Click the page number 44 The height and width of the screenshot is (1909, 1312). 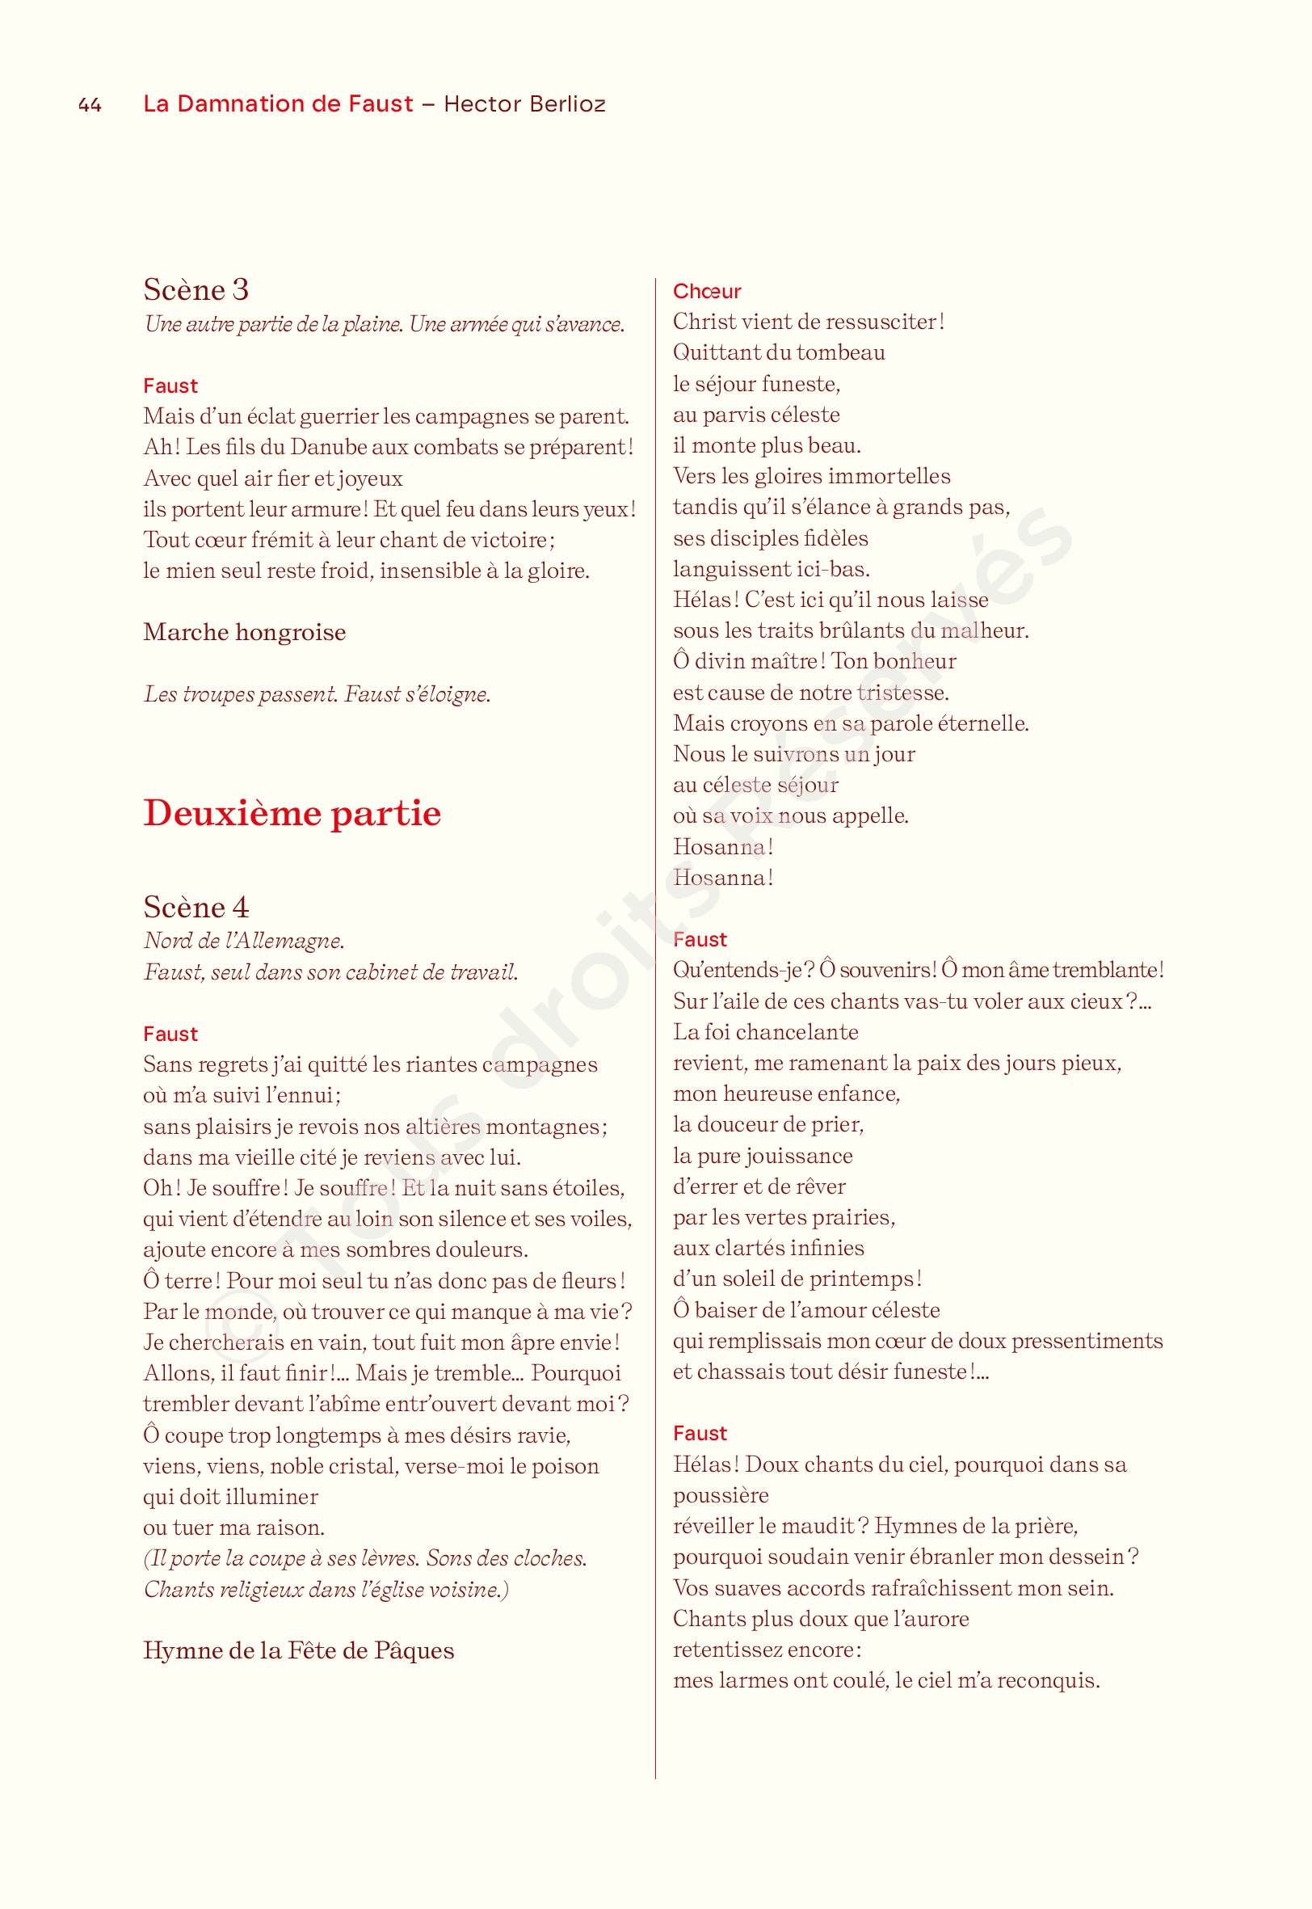tap(90, 104)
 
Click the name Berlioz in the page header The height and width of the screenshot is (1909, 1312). tap(567, 104)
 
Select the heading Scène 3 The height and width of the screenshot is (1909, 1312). tap(196, 289)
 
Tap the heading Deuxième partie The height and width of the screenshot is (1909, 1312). tap(292, 813)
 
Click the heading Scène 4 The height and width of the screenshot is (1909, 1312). tap(196, 908)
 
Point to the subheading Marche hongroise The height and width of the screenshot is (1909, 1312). tap(244, 632)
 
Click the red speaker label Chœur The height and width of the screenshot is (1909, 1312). tap(706, 291)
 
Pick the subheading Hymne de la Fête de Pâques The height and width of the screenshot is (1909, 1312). tap(298, 1651)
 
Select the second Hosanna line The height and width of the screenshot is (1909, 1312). tap(722, 878)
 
